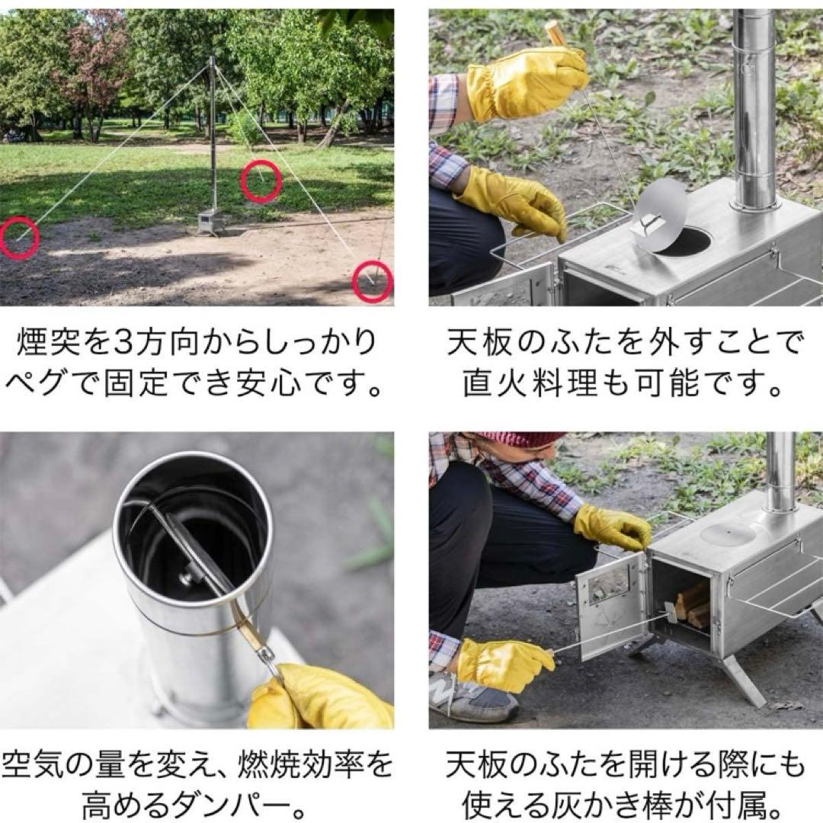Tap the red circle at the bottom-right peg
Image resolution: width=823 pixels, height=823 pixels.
(373, 282)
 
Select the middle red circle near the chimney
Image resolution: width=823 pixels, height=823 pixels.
(261, 181)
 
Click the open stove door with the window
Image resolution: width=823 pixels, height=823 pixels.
(610, 602)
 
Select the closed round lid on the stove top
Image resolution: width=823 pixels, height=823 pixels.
(727, 533)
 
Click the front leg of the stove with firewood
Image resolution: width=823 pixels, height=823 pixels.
(744, 678)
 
